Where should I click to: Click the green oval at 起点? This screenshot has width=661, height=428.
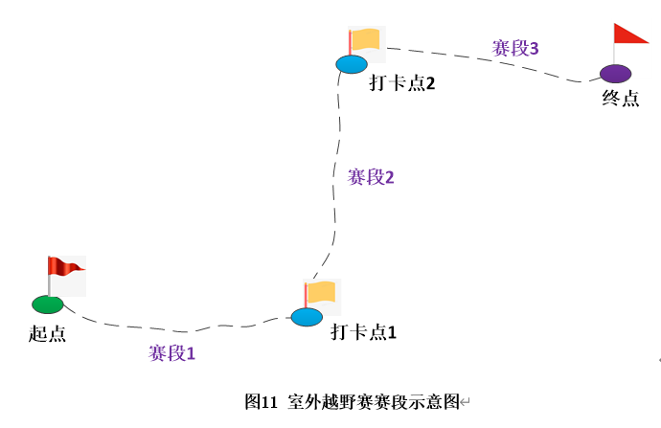[47, 304]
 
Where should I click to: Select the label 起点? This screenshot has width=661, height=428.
[48, 333]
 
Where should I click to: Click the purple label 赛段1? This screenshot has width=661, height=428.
[171, 353]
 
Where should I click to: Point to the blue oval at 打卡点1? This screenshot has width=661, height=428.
[307, 316]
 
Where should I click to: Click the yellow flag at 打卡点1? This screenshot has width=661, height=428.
[321, 291]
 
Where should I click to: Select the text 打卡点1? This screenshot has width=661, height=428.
[363, 332]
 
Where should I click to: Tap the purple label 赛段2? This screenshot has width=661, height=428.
[371, 177]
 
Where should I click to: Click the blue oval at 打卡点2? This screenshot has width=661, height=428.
[352, 64]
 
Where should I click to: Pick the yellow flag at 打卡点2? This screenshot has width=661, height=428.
[365, 39]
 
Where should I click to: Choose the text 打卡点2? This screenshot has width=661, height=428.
[402, 82]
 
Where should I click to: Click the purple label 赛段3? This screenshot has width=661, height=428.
[515, 47]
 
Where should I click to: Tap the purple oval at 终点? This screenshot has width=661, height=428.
[616, 73]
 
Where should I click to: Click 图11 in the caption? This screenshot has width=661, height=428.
[261, 401]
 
